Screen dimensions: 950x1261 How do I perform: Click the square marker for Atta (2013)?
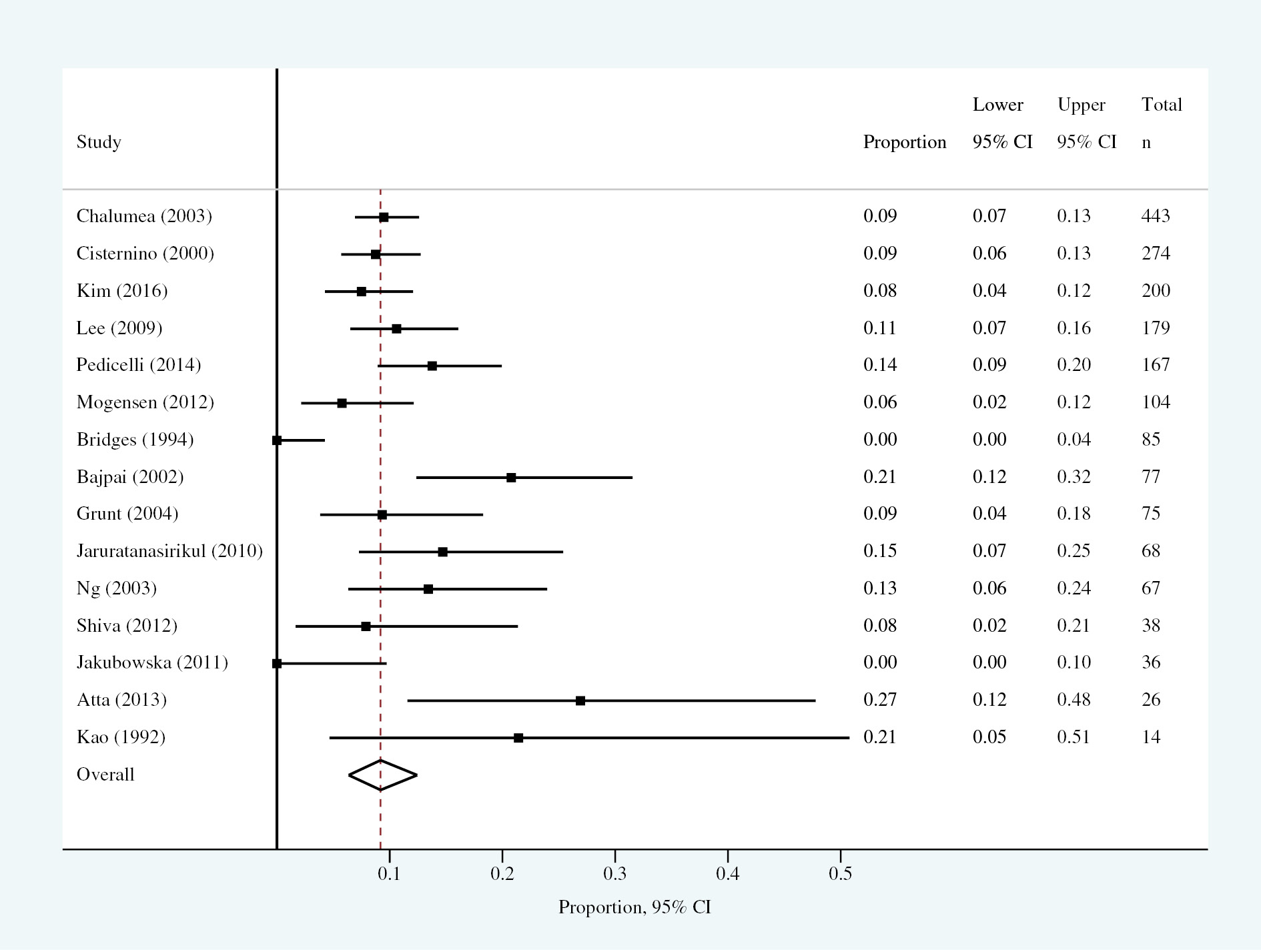[580, 700]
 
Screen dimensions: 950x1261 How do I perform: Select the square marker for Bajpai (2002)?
[511, 478]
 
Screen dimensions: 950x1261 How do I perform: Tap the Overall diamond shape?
[382, 775]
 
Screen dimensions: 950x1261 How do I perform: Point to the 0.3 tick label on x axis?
[614, 873]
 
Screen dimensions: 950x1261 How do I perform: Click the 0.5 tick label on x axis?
[840, 873]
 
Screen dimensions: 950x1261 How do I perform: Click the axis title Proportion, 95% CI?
[635, 907]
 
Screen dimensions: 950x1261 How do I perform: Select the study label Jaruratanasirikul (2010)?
[169, 551]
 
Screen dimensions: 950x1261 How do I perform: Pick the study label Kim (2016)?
[122, 291]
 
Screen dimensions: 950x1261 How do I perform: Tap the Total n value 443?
[1156, 216]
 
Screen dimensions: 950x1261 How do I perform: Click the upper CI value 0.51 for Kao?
[1074, 737]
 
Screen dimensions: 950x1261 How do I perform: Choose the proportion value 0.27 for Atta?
[880, 700]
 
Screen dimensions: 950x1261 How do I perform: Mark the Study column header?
[99, 142]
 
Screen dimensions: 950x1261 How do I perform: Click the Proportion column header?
[905, 142]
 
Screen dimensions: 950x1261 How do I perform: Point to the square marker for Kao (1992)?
[518, 738]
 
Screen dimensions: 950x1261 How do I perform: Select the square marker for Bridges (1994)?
[277, 440]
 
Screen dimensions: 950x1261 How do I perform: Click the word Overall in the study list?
[105, 775]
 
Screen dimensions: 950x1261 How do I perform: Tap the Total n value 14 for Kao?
[1151, 737]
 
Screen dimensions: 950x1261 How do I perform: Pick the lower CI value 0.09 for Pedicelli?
[989, 365]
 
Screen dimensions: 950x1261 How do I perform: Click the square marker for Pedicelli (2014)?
[432, 366]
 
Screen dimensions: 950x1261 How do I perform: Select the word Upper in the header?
[1081, 105]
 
